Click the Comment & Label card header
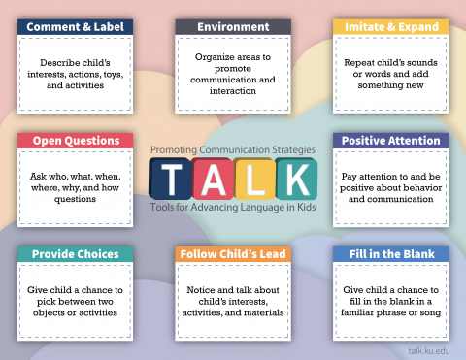[75, 26]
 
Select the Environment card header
[233, 26]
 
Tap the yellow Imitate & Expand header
[390, 26]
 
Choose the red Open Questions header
[75, 141]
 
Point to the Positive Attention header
[390, 141]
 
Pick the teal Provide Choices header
[75, 254]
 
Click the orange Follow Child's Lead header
[233, 254]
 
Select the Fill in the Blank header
[390, 254]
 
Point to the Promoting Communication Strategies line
[233, 149]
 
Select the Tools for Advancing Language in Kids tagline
[233, 207]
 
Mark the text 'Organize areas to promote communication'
[233, 73]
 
